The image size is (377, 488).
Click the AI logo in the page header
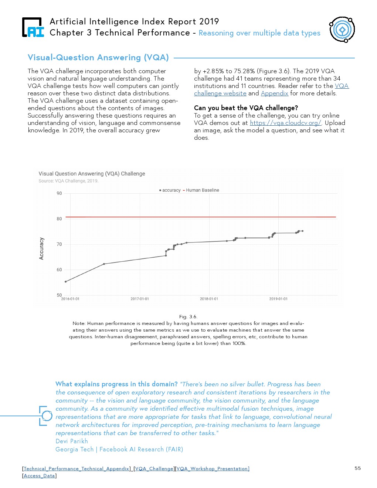point(33,28)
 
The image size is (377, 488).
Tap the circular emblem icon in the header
point(342,30)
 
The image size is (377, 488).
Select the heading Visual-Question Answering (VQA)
point(98,58)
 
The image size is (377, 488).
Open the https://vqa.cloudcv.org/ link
point(285,123)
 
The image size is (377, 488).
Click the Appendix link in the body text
point(274,93)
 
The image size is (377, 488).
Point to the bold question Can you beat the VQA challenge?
point(246,108)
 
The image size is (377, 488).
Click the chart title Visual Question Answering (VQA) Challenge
point(92,174)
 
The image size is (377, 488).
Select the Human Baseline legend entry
point(202,190)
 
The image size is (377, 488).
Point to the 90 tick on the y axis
point(59,193)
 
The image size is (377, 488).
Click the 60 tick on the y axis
point(59,270)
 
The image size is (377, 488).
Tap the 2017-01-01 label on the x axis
point(140,299)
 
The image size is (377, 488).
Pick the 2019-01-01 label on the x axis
point(278,299)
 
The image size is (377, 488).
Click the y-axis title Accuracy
point(41,248)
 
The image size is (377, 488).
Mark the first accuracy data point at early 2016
point(66,282)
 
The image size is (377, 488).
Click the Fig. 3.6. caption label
point(188,317)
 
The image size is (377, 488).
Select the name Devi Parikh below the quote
point(72,441)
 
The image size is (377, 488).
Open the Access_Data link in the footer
point(39,476)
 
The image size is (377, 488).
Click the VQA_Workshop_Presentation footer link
point(213,469)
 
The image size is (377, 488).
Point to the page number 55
point(357,468)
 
